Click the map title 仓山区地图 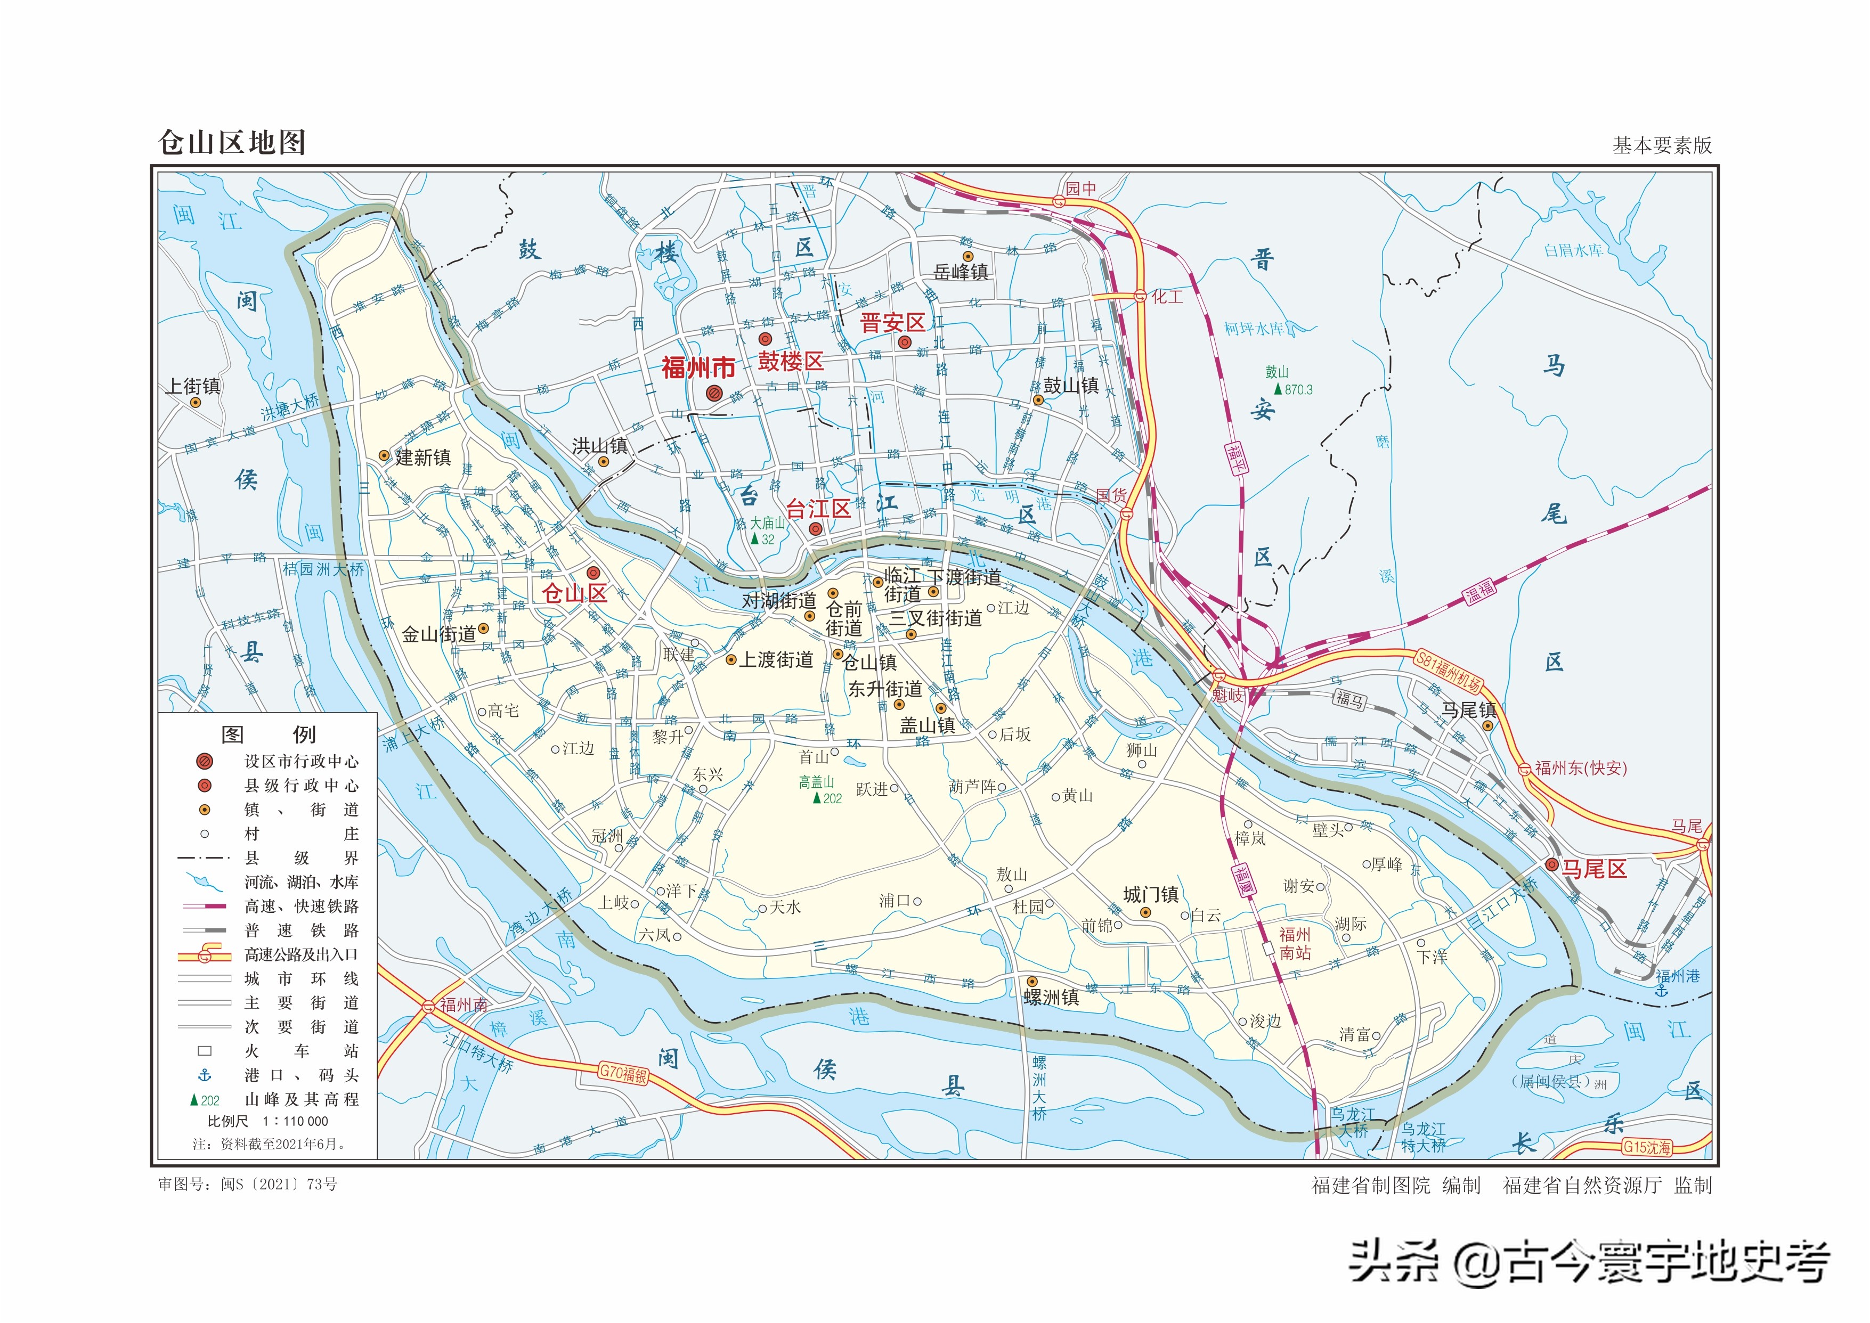click(231, 143)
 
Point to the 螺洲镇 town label click(1051, 997)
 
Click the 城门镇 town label click(1151, 894)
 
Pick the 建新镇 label click(423, 458)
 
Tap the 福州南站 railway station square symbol click(1268, 948)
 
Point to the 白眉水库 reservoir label click(1573, 250)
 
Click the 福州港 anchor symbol click(1662, 990)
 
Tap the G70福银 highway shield click(623, 1073)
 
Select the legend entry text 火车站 click(302, 1051)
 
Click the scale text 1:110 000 click(295, 1121)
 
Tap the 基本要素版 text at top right click(1662, 145)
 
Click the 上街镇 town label click(193, 386)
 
